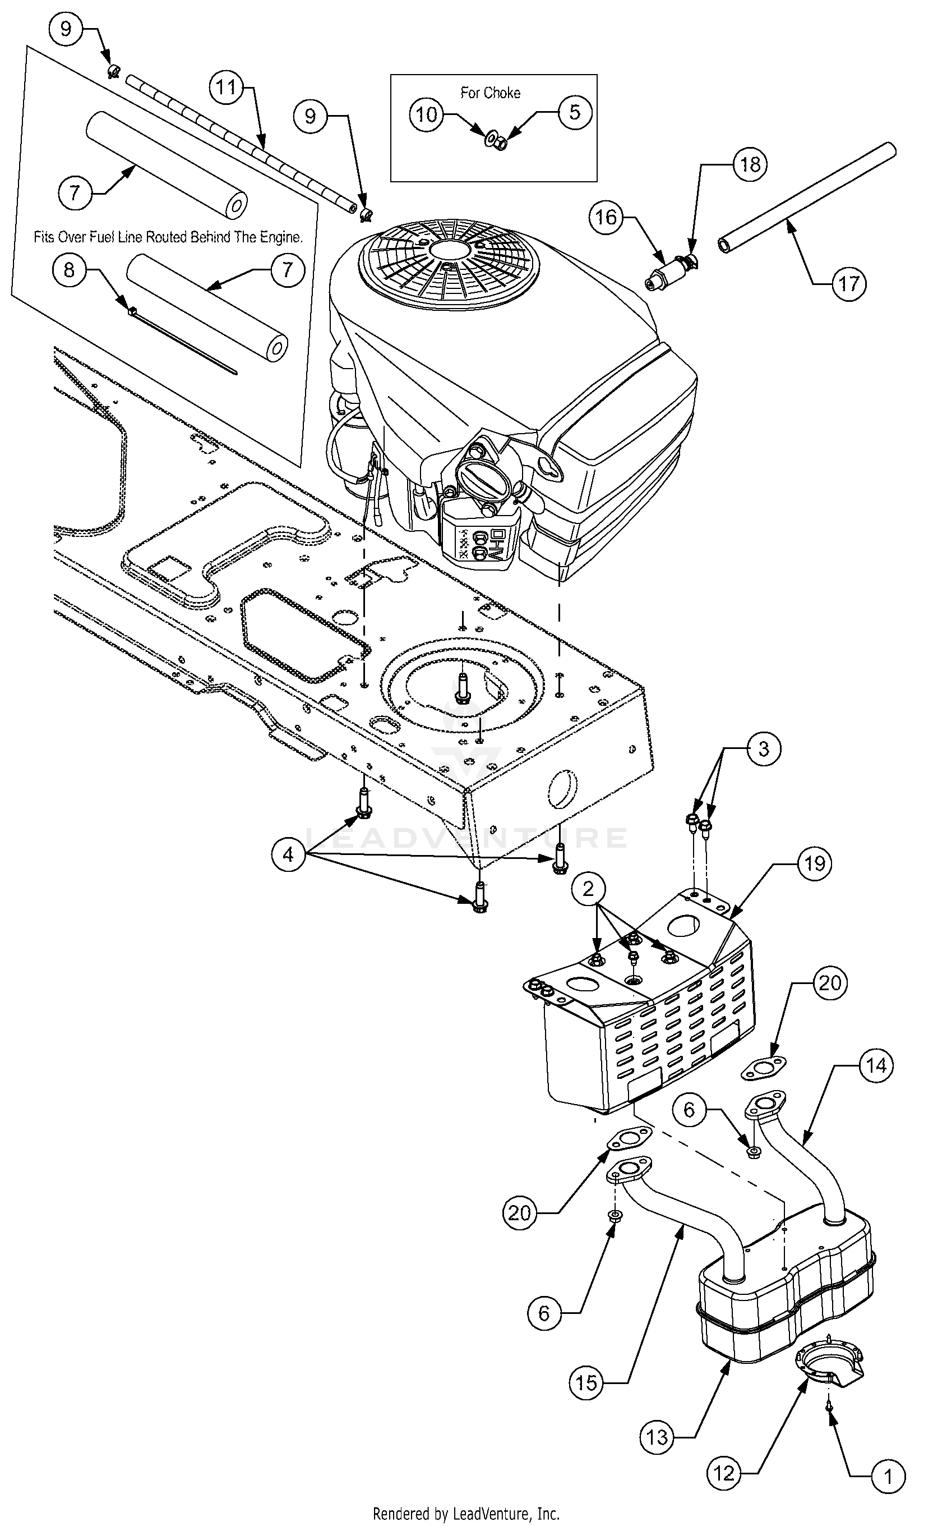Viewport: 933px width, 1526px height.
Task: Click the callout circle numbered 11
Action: [227, 88]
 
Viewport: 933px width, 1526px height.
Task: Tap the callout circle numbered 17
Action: [849, 284]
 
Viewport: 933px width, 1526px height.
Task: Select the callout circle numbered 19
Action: [815, 863]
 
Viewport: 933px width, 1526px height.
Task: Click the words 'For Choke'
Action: [491, 93]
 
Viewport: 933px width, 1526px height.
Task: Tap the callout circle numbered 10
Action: [426, 114]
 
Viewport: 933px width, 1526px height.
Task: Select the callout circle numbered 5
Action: [575, 112]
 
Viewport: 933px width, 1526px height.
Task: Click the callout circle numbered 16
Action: [606, 217]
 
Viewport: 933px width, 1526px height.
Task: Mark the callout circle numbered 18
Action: [750, 164]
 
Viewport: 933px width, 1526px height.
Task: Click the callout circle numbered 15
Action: [586, 1382]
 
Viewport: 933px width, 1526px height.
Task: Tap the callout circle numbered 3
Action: [763, 748]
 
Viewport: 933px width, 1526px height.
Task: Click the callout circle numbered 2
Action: [588, 889]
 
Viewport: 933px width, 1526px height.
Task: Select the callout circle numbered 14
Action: [876, 1065]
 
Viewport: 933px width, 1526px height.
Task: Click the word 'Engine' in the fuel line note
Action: [281, 237]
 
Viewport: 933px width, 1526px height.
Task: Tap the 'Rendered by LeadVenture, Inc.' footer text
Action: [466, 1514]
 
